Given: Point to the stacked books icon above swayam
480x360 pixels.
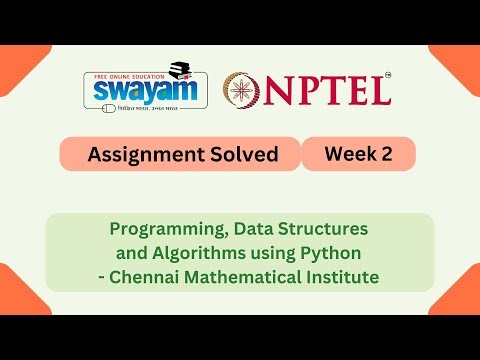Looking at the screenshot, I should tap(180, 70).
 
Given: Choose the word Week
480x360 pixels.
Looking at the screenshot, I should tap(347, 153).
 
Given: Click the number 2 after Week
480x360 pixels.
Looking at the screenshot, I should tap(382, 153).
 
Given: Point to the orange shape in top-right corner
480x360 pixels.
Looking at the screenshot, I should tap(461, 62).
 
